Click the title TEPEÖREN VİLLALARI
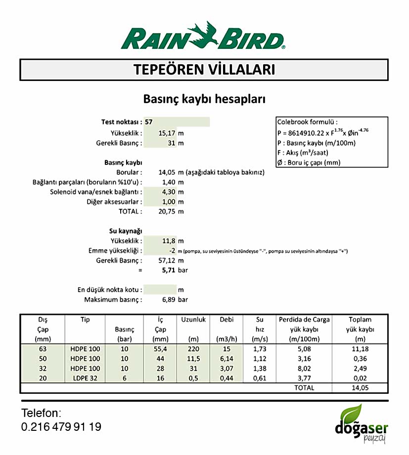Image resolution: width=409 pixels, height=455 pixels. tap(204, 70)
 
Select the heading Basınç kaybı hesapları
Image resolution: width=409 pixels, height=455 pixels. tap(204, 99)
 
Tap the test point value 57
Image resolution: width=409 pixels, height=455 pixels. tap(149, 122)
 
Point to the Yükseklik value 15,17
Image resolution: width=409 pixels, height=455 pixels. tap(167, 133)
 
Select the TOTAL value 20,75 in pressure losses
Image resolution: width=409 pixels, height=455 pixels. tap(167, 211)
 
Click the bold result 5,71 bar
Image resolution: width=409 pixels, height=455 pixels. tap(169, 270)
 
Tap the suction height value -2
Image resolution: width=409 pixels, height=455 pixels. tap(172, 251)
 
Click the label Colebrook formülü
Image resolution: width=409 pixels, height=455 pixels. tap(308, 122)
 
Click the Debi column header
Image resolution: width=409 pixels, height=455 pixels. tap(227, 319)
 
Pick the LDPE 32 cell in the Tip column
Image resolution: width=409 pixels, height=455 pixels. tap(85, 379)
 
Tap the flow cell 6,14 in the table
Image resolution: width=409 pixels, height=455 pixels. tap(227, 359)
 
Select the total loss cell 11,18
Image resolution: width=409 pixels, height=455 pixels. tap(360, 349)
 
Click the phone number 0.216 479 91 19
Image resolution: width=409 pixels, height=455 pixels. tap(61, 427)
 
